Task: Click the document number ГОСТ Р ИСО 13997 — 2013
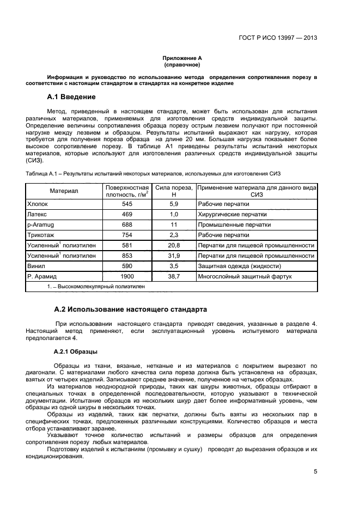278,38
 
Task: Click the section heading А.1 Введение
71,98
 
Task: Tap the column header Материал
64,191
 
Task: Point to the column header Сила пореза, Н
174,191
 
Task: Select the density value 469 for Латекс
127,214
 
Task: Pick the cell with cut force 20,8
174,245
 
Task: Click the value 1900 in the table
127,276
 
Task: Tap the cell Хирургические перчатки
225,214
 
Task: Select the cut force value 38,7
174,276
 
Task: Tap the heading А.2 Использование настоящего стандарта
130,309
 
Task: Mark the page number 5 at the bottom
315,472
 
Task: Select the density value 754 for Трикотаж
127,235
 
